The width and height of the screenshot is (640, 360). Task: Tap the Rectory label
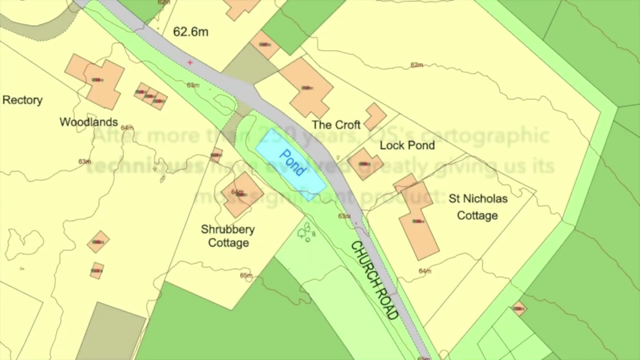coord(22,100)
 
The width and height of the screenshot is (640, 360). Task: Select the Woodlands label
coord(88,122)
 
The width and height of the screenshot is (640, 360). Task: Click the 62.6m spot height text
coord(190,32)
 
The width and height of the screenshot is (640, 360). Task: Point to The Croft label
coord(336,124)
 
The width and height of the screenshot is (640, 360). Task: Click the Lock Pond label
coord(407,145)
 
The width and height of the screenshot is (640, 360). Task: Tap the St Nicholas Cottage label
coord(477,207)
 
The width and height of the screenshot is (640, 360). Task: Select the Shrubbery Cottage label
coord(228,236)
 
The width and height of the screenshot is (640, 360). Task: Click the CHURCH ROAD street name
coord(374,280)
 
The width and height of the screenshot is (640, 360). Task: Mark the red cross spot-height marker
coord(190,62)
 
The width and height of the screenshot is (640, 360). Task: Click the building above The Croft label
coord(306,87)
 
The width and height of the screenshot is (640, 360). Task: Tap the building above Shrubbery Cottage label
coord(242,193)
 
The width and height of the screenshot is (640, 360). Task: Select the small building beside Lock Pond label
coord(364,163)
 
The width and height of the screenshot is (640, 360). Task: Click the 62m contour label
coord(416,65)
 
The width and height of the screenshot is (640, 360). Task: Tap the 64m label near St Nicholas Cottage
coord(425,271)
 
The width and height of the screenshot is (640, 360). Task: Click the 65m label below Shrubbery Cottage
coord(246,275)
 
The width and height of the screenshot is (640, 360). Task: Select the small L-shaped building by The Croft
coord(375,116)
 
